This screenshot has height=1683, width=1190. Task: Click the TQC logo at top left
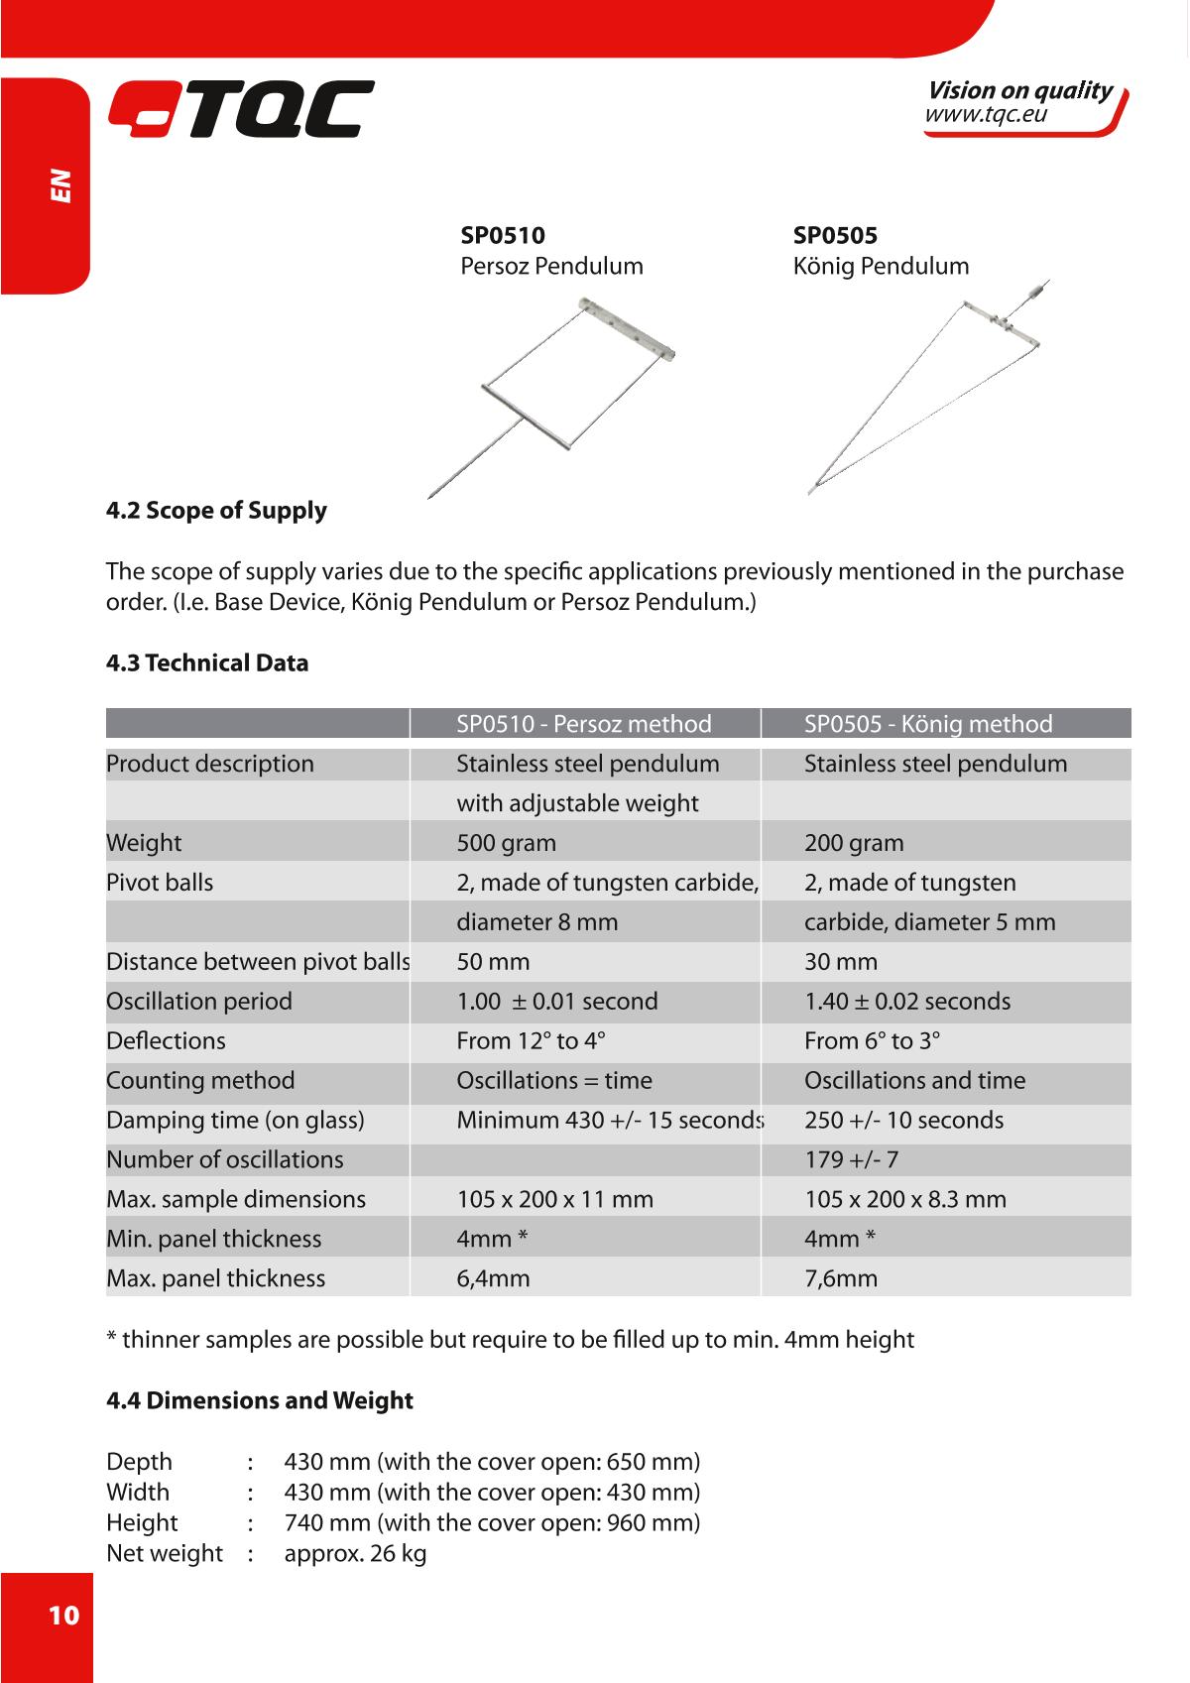240,109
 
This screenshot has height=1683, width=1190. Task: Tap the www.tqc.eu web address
986,116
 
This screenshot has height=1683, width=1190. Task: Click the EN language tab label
61,185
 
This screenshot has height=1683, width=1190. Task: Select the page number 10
62,1616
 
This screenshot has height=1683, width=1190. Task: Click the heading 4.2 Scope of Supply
216,511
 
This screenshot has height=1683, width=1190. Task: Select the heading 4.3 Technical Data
207,663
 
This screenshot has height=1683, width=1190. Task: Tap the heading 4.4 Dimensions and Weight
259,1400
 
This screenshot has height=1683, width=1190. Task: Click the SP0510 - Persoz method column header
583,724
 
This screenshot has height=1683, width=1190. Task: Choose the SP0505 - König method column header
928,724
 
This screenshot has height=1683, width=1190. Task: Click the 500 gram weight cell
506,843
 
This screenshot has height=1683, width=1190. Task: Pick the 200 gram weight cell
854,843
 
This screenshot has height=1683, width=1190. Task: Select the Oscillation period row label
199,1001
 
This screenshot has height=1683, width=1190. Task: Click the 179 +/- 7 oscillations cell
851,1159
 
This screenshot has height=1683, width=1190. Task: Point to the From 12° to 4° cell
531,1040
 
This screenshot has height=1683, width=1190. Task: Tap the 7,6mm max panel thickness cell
841,1278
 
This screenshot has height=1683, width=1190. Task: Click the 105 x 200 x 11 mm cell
554,1199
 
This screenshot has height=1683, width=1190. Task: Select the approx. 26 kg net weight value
355,1553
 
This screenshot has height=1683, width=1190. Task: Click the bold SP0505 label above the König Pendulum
835,236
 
